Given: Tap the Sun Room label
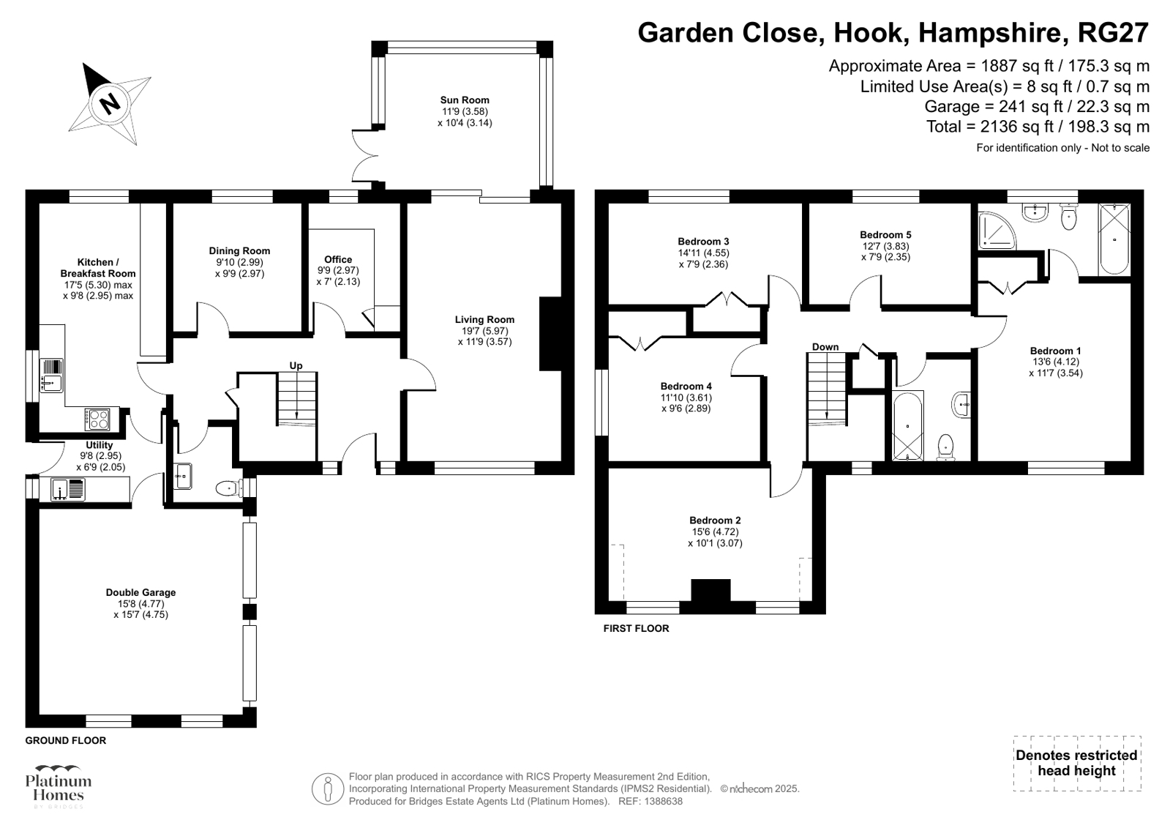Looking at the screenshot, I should tap(465, 100).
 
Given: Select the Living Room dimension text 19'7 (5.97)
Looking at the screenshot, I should tap(484, 330).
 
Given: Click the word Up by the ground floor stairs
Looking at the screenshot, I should tap(296, 365).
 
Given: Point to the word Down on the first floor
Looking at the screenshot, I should tap(825, 347).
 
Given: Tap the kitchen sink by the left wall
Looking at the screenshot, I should tap(52, 375).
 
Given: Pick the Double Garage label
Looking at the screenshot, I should tap(140, 592).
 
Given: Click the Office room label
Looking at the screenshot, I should tap(338, 259).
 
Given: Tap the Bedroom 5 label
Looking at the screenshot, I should tap(885, 235).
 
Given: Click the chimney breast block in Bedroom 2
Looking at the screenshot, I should tap(711, 591).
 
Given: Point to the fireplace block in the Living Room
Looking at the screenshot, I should tap(550, 334).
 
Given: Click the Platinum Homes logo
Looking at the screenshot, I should tap(58, 786).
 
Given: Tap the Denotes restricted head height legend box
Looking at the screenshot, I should tap(1076, 764).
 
